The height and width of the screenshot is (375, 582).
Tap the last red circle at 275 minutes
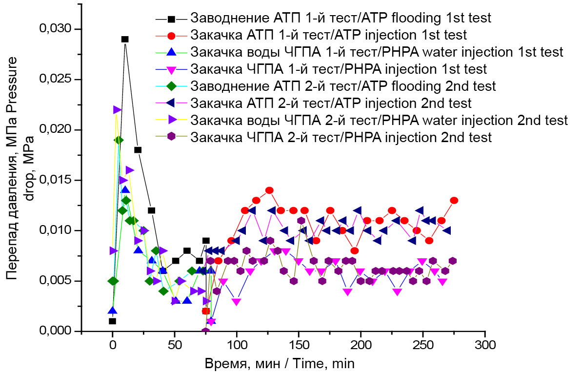454,200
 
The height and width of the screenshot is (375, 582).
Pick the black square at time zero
113,321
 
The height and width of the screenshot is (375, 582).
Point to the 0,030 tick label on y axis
55,29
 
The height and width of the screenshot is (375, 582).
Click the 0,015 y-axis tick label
55,180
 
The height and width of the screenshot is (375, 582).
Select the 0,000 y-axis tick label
55,331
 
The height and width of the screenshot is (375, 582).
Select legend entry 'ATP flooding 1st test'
341,19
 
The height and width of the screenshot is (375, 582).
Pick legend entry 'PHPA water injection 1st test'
377,52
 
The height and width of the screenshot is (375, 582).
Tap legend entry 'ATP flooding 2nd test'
343,86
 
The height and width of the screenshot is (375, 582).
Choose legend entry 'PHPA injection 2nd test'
341,137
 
